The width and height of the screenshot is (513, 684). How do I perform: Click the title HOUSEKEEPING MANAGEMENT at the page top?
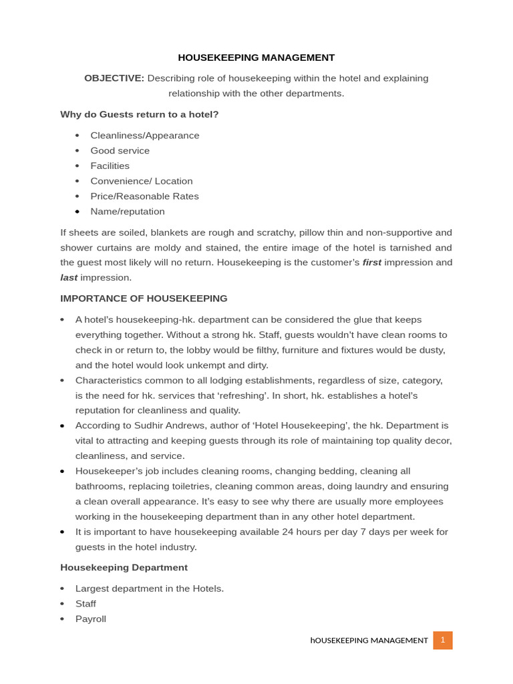[256, 57]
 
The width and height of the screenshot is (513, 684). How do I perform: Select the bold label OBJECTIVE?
[114, 78]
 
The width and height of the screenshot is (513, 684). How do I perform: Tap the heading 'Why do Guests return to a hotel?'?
[140, 114]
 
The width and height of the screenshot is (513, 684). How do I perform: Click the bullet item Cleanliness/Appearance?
[145, 136]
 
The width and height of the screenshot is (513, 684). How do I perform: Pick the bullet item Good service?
[120, 151]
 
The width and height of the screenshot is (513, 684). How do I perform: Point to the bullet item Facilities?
[110, 166]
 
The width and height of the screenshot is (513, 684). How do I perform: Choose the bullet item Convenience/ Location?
[142, 181]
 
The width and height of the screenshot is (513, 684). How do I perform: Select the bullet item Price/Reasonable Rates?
[145, 196]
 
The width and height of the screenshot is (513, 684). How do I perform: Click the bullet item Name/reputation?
[128, 212]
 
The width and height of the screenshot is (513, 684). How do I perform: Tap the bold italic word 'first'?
[372, 263]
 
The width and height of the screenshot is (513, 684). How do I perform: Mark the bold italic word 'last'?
[69, 278]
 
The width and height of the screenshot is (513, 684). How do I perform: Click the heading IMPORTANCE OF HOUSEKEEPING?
[144, 299]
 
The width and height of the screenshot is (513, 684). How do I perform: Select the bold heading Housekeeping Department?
[124, 567]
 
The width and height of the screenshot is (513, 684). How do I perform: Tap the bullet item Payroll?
[91, 619]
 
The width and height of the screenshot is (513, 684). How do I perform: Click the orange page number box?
[442, 640]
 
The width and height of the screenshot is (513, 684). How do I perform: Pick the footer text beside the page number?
[369, 641]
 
